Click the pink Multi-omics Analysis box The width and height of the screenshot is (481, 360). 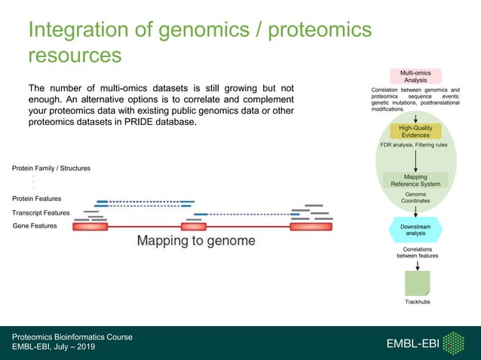click(415, 75)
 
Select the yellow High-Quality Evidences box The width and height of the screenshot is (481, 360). click(415, 131)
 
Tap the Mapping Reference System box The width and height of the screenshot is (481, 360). click(415, 180)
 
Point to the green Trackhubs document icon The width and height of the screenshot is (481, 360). click(417, 282)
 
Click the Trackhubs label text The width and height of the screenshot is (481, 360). click(417, 302)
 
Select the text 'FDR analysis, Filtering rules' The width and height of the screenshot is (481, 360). click(415, 145)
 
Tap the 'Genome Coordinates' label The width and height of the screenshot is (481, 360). click(415, 197)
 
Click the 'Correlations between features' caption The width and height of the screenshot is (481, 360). click(417, 252)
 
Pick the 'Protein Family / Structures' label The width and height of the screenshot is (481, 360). click(51, 168)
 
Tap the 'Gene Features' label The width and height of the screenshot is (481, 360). click(35, 226)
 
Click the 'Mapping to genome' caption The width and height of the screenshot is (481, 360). click(195, 241)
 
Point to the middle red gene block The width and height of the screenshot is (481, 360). click(194, 226)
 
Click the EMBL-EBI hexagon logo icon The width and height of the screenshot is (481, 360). click(453, 343)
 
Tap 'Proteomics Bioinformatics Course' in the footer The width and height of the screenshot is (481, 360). click(72, 337)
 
